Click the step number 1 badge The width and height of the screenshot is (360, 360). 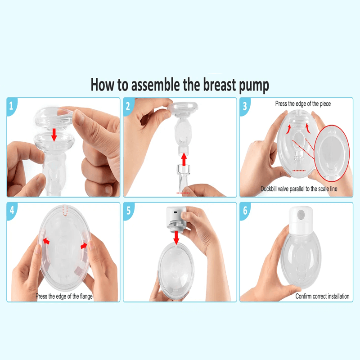[x=11, y=106]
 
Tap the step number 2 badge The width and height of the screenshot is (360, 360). [x=128, y=106]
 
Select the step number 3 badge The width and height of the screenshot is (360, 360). [x=244, y=106]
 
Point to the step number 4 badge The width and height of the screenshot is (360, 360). [x=12, y=210]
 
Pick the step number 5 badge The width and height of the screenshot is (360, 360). [x=128, y=210]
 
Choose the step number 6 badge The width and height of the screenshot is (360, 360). [x=245, y=210]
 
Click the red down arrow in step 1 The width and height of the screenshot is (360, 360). [x=54, y=135]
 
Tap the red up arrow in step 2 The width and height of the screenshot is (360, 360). [x=184, y=159]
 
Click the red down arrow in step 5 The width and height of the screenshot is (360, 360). [x=176, y=238]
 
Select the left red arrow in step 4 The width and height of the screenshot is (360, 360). [x=46, y=241]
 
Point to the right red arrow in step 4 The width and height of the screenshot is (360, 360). [x=84, y=246]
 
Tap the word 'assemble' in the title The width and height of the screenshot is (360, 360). [x=155, y=85]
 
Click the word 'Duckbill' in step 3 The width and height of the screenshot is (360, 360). [x=269, y=189]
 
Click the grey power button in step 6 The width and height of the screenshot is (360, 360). [x=301, y=215]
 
